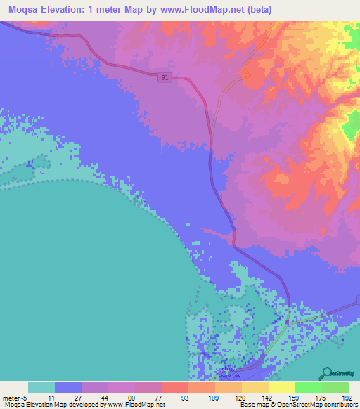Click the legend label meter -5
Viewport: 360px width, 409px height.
tap(14, 398)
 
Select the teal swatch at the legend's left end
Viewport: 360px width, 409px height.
tap(41, 387)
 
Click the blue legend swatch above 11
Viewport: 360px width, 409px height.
tap(68, 387)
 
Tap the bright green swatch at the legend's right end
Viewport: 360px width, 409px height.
tap(335, 387)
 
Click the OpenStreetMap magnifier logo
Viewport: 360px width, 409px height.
tap(326, 373)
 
